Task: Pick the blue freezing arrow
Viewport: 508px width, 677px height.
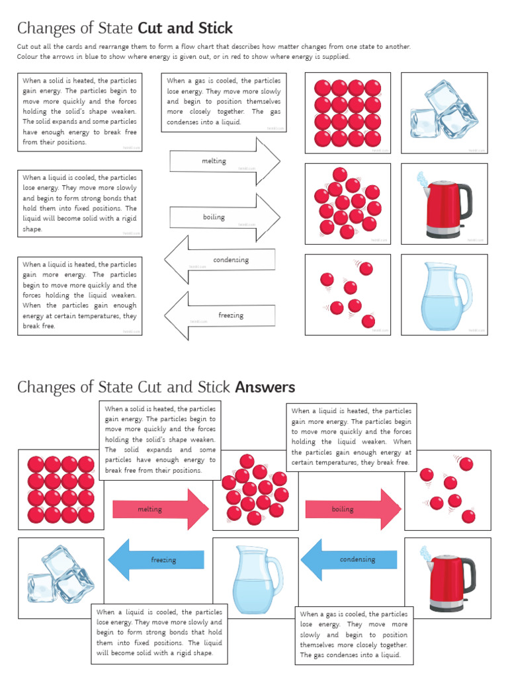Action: (156, 560)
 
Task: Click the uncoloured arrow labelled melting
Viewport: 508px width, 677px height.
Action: (225, 161)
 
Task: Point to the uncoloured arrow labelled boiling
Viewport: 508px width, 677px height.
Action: (225, 217)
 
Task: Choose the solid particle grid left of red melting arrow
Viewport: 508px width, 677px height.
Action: (61, 490)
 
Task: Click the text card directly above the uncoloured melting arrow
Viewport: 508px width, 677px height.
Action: (224, 102)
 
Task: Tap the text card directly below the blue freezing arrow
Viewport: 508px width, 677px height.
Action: (159, 633)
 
